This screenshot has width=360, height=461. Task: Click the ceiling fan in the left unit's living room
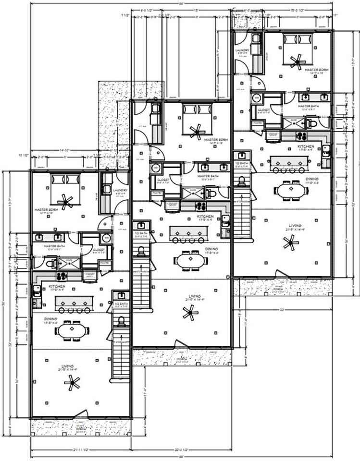(73, 383)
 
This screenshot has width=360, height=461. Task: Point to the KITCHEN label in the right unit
(306, 146)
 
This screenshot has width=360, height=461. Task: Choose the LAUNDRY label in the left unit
(120, 190)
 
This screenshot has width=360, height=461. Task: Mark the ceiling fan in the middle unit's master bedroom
(196, 130)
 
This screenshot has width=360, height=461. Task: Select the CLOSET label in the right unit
(263, 110)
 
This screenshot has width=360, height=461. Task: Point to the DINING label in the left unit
(51, 319)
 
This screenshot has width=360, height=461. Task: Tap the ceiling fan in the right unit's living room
(290, 243)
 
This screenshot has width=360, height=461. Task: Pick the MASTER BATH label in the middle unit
(207, 176)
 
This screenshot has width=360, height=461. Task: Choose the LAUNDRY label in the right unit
(242, 50)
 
